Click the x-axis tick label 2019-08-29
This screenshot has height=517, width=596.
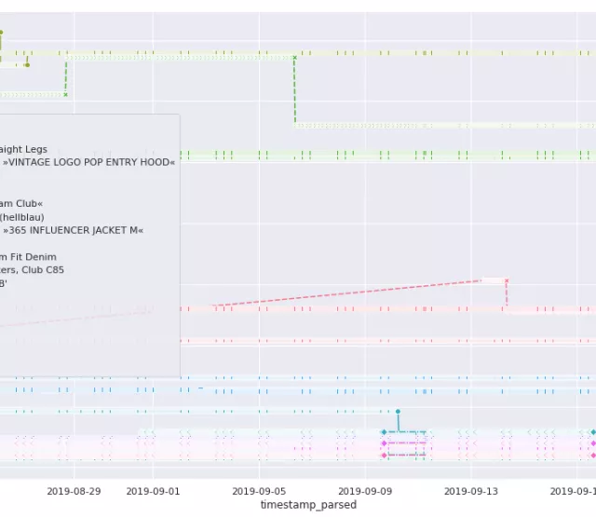point(74,490)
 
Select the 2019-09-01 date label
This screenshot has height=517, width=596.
point(153,490)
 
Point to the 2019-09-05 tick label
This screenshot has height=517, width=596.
point(259,490)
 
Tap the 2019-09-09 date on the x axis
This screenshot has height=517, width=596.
point(365,490)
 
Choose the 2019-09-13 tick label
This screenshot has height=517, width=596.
point(471,490)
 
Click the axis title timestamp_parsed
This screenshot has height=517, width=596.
point(308,505)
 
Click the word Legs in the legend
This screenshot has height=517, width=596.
point(35,149)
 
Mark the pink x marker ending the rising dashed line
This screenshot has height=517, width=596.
point(507,280)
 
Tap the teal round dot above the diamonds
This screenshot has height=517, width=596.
point(398,411)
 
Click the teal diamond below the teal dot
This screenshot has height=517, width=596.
point(384,432)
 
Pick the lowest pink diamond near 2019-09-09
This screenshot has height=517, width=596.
point(384,456)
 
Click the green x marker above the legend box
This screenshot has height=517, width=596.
point(65,94)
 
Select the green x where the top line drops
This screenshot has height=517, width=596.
point(294,58)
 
